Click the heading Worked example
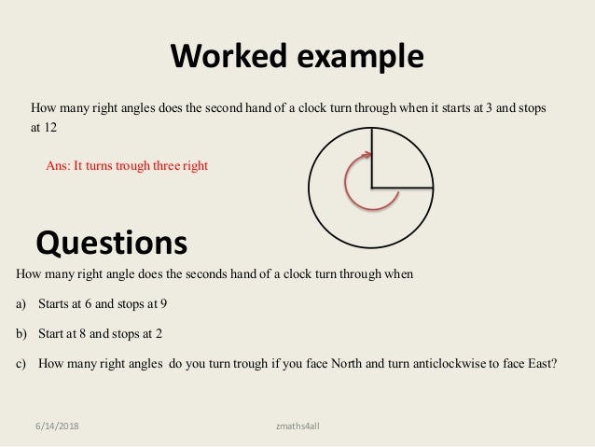(x=297, y=57)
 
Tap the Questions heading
(x=111, y=243)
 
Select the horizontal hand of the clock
(x=401, y=183)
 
